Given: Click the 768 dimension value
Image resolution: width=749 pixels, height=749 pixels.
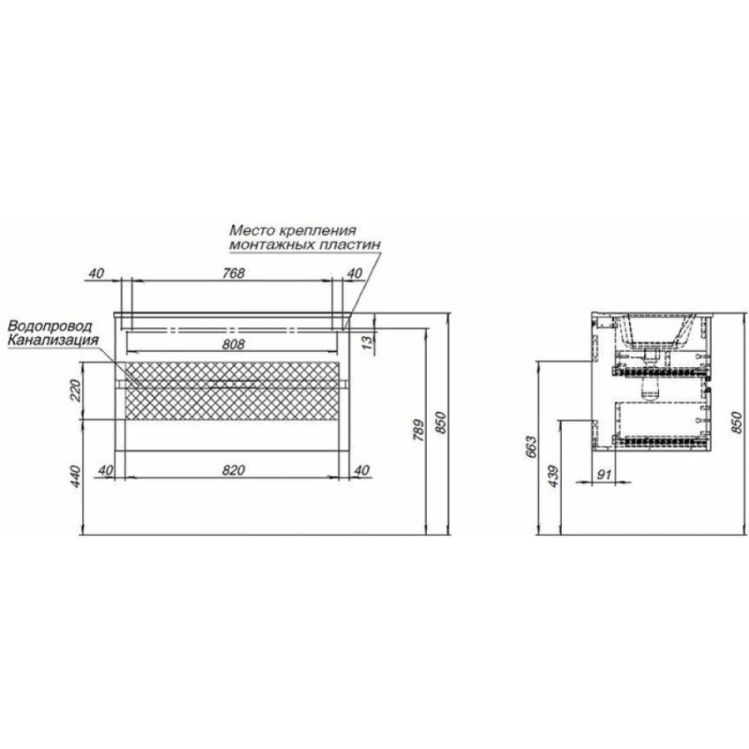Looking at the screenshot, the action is (233, 273).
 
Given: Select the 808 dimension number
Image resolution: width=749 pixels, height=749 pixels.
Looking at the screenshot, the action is (233, 344).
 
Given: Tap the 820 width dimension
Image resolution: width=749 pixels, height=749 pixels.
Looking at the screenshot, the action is (234, 470).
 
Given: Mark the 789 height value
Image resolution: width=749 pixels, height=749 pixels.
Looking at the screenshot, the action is (418, 431).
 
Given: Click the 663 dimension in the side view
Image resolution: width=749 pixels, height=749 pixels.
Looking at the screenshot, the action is (531, 447).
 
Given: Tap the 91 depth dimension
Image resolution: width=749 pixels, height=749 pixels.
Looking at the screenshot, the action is (604, 474).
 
